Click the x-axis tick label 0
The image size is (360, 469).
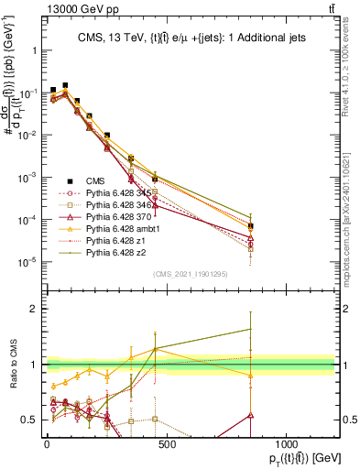47,442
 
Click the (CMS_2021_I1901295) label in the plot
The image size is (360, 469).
191,275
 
